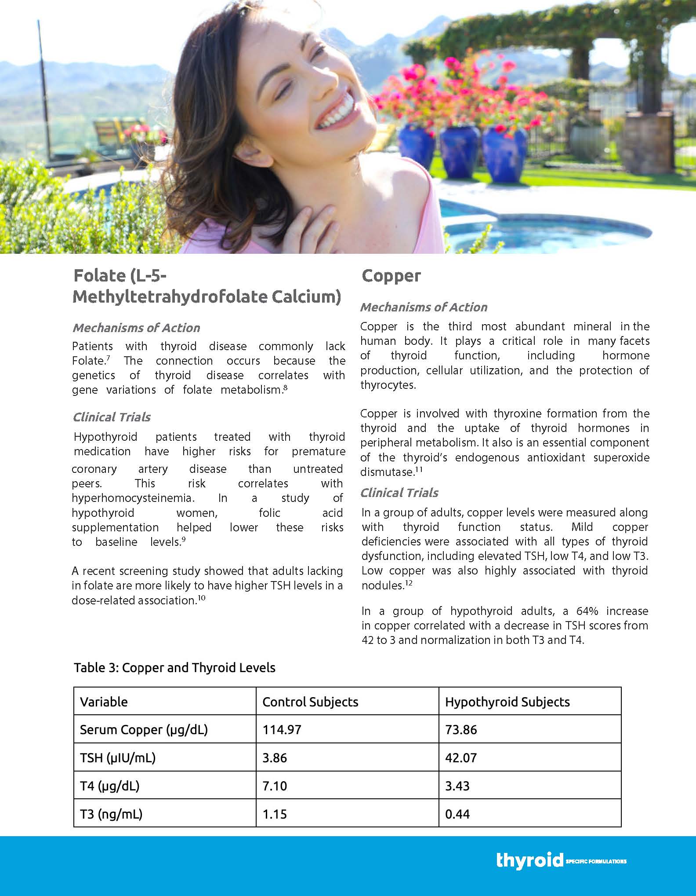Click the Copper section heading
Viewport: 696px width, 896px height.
click(x=391, y=276)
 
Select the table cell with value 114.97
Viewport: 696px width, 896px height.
click(x=282, y=730)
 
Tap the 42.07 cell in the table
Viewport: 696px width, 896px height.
click(x=460, y=758)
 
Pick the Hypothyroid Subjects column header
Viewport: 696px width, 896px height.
click(x=507, y=702)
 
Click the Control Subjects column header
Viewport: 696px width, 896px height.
click(x=310, y=702)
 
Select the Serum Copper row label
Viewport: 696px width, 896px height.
click(x=143, y=730)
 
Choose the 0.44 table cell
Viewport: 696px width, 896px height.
click(x=457, y=814)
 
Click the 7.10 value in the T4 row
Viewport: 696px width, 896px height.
click(x=275, y=786)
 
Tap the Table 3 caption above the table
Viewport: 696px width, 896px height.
click(x=174, y=667)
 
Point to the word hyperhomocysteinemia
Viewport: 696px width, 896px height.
click(x=133, y=498)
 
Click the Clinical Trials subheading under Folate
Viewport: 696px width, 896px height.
click(x=112, y=417)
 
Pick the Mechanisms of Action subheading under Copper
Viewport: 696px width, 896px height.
click(x=424, y=307)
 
